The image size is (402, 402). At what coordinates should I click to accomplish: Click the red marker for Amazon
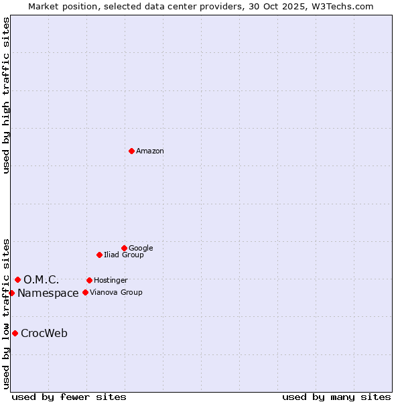pyautogui.click(x=131, y=151)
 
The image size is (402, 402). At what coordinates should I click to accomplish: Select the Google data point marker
pyautogui.click(x=124, y=248)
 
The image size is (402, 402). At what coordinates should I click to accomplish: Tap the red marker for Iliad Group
pyautogui.click(x=99, y=255)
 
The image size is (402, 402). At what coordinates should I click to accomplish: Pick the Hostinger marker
pyautogui.click(x=89, y=280)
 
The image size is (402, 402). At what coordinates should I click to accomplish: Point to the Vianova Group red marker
pyautogui.click(x=85, y=292)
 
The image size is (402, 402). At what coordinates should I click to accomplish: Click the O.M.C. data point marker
pyautogui.click(x=17, y=279)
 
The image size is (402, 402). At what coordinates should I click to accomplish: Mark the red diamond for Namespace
pyautogui.click(x=11, y=293)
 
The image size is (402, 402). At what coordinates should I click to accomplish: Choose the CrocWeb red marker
pyautogui.click(x=15, y=333)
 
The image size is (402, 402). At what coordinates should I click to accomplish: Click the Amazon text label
pyautogui.click(x=150, y=151)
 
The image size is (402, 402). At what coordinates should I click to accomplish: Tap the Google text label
pyautogui.click(x=141, y=249)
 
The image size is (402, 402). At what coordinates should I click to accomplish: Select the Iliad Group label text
pyautogui.click(x=124, y=255)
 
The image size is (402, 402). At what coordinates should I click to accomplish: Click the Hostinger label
pyautogui.click(x=111, y=281)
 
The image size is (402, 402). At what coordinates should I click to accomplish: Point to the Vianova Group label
pyautogui.click(x=116, y=293)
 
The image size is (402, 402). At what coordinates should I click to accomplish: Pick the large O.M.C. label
pyautogui.click(x=42, y=280)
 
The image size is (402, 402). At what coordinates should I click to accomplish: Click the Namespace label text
pyautogui.click(x=48, y=293)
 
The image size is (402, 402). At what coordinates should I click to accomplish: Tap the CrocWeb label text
pyautogui.click(x=44, y=334)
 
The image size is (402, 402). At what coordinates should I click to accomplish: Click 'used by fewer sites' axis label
pyautogui.click(x=69, y=397)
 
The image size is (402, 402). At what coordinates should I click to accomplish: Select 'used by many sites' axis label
pyautogui.click(x=336, y=397)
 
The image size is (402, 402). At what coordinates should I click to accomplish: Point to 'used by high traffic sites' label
pyautogui.click(x=6, y=95)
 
